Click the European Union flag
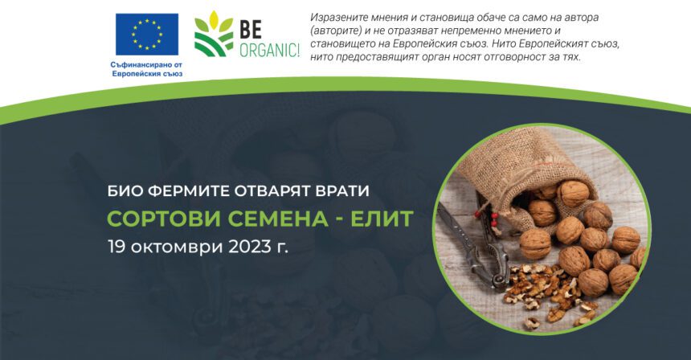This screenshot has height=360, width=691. (x=147, y=35)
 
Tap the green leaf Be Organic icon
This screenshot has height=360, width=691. (x=214, y=34)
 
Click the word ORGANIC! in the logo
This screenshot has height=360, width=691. (x=270, y=50)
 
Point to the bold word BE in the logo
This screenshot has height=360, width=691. (x=251, y=29)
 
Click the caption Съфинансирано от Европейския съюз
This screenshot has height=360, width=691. (x=147, y=69)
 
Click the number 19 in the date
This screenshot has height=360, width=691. (x=117, y=247)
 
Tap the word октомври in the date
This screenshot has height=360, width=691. (x=177, y=247)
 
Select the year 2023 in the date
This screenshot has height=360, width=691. (x=249, y=247)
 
